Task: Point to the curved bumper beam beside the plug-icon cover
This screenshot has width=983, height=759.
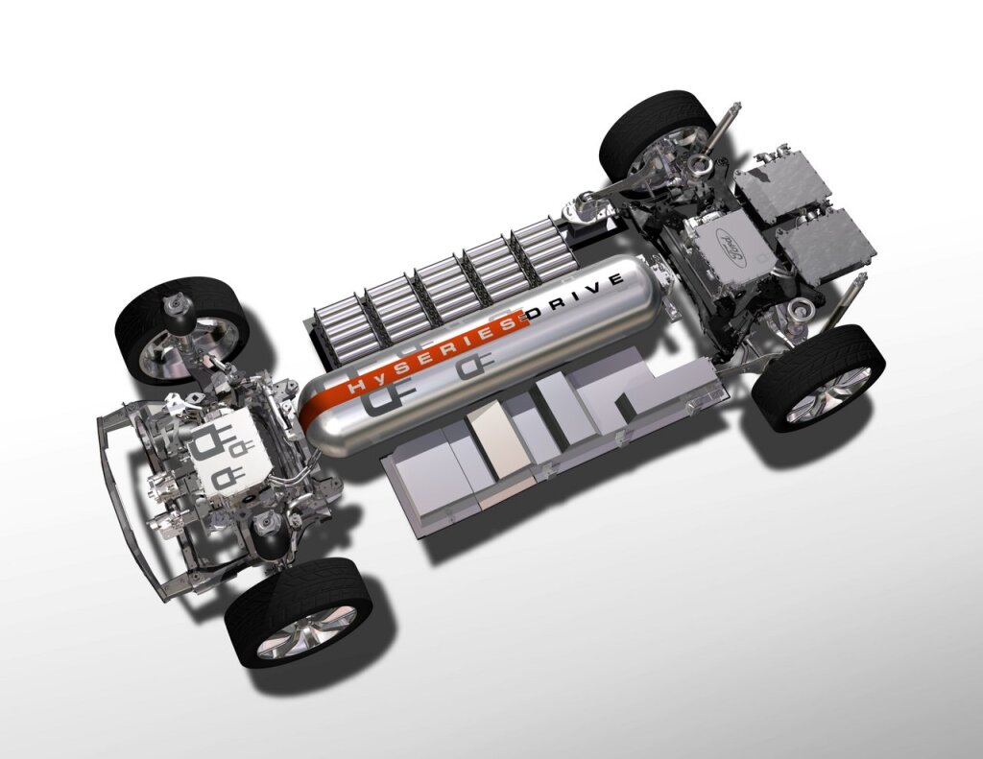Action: (x=134, y=499)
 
